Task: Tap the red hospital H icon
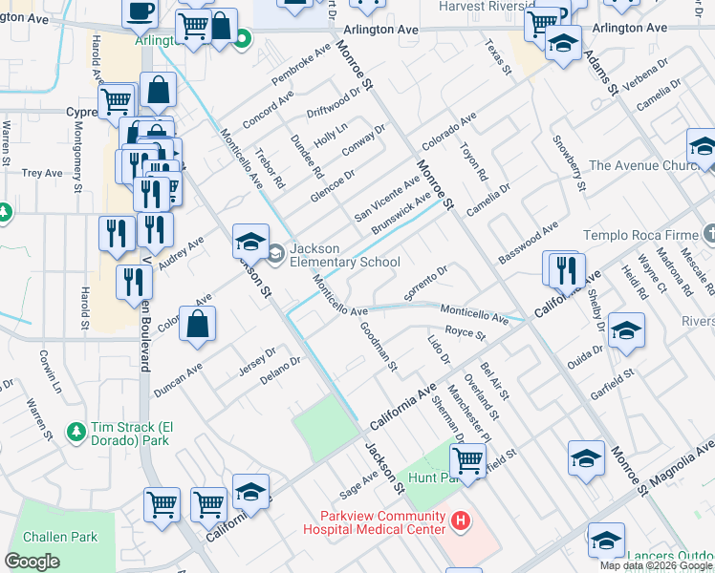click(461, 520)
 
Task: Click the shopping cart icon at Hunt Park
click(467, 460)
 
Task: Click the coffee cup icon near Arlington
click(141, 11)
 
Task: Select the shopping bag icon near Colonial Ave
click(197, 325)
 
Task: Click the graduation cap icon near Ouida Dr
click(625, 330)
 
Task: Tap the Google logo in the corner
click(32, 562)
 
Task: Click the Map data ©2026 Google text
click(656, 565)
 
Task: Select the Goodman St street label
click(379, 346)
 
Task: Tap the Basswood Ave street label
click(528, 244)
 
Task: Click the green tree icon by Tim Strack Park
click(76, 435)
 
